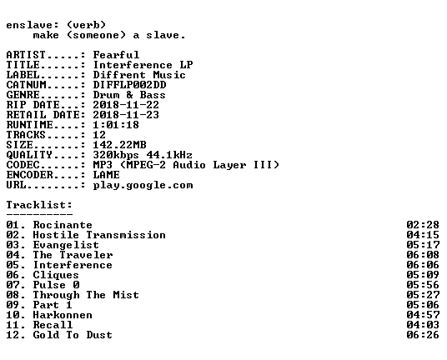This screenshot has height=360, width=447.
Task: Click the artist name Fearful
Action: (x=116, y=55)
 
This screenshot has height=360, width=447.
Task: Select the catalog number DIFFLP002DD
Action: (x=130, y=85)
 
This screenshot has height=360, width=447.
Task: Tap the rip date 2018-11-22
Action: (x=126, y=105)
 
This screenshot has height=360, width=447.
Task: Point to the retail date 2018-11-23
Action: (x=126, y=115)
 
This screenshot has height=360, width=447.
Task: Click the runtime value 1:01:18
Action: (x=116, y=125)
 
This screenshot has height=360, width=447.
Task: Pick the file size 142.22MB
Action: (x=120, y=145)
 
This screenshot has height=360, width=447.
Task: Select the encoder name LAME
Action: (x=107, y=175)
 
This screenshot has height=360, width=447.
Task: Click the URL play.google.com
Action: (x=143, y=185)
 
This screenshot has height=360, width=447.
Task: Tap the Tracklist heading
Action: (x=39, y=205)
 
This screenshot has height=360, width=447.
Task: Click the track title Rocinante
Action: (x=63, y=225)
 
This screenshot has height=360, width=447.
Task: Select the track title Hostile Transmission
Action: (x=99, y=235)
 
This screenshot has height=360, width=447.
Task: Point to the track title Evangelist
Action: (x=66, y=245)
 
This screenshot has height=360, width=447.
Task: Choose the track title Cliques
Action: (x=56, y=275)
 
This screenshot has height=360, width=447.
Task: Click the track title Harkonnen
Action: (x=63, y=315)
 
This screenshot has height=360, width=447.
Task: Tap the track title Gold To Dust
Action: (x=73, y=335)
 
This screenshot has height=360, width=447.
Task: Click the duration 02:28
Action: (x=423, y=225)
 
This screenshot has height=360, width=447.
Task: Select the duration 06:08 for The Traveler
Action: (x=423, y=255)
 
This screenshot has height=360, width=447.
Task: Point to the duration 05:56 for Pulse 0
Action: (x=423, y=285)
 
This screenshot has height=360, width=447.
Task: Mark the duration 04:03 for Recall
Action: (x=423, y=325)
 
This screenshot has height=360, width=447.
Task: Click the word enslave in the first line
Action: (x=29, y=25)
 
